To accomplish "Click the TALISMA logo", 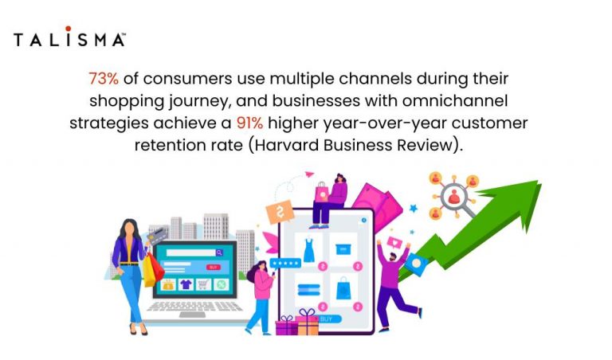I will (69, 39).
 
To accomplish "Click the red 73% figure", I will (102, 80).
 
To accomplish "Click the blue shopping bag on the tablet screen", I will (343, 288).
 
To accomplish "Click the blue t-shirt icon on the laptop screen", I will (185, 284).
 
